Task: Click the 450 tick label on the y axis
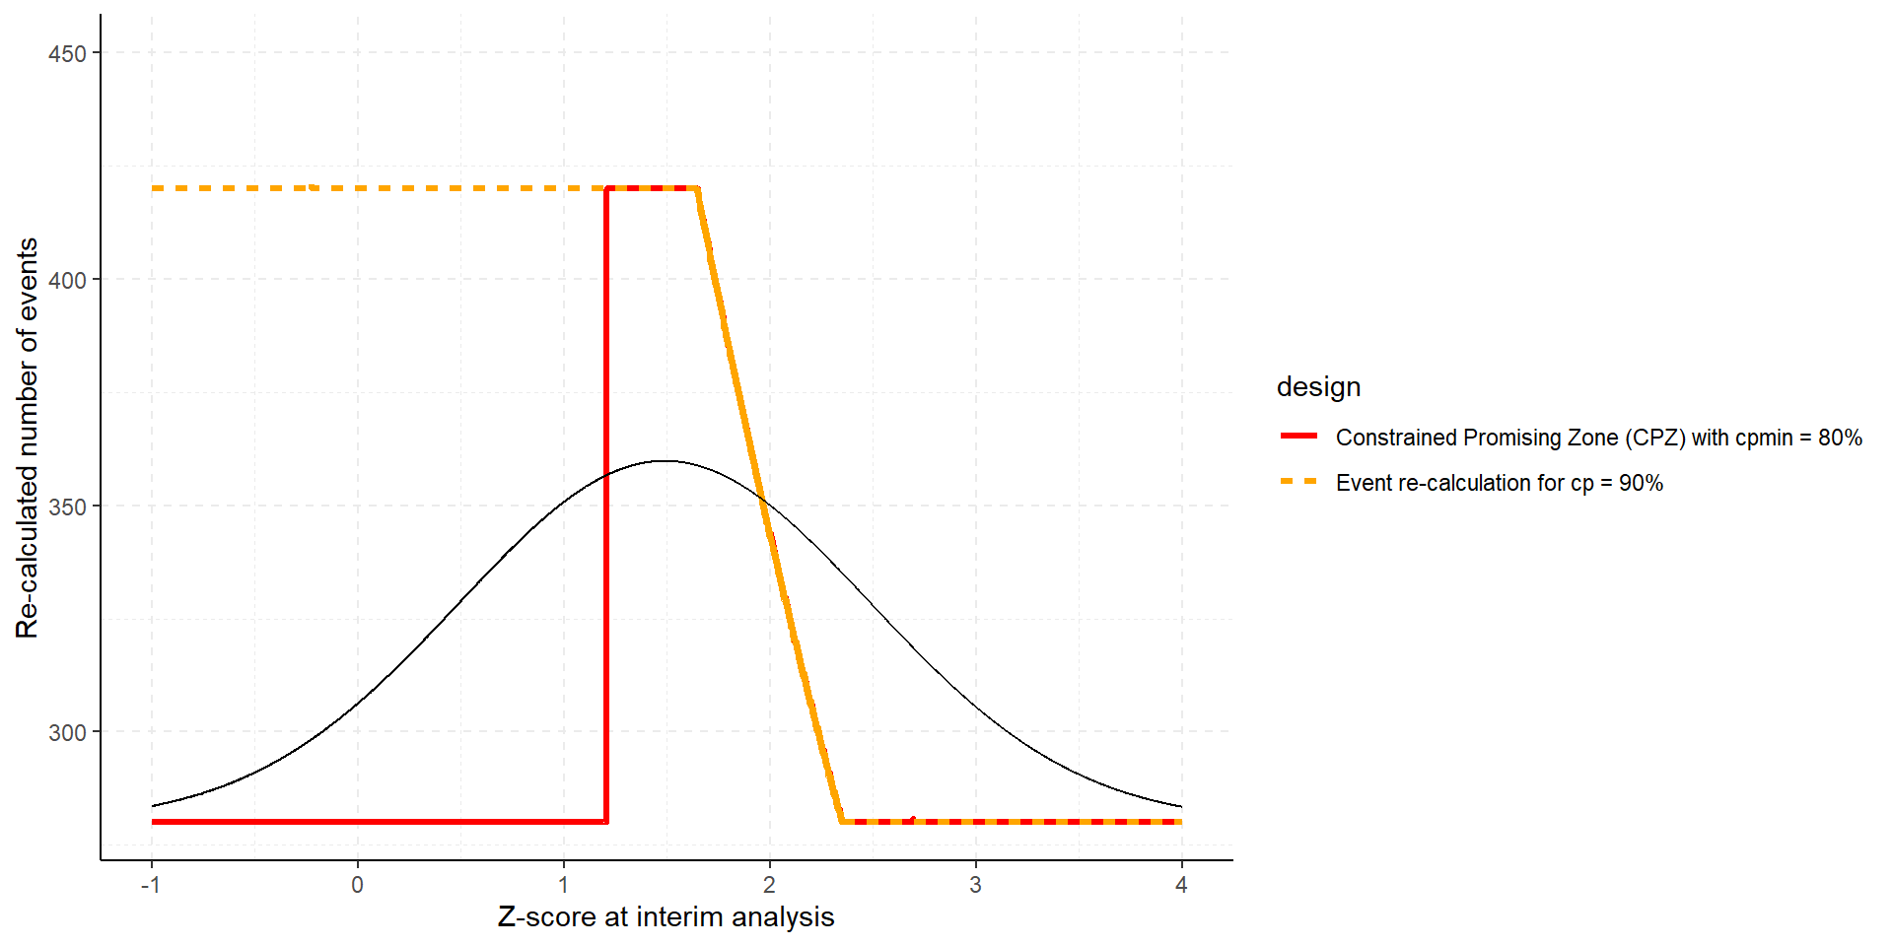[x=67, y=53]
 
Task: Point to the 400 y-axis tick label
[x=67, y=280]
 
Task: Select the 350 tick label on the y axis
[x=67, y=507]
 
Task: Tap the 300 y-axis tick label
[x=67, y=732]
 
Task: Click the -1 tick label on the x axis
[x=150, y=885]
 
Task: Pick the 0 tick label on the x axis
[x=357, y=885]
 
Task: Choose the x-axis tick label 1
[x=563, y=885]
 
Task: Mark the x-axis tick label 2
[x=769, y=885]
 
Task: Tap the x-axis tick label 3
[x=975, y=885]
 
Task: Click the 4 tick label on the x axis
[x=1181, y=885]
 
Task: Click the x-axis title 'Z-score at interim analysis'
[x=666, y=917]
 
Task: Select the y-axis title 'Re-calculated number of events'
[x=28, y=438]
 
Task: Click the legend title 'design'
[x=1318, y=387]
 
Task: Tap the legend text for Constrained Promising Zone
[x=1598, y=438]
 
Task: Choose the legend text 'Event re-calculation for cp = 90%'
[x=1499, y=483]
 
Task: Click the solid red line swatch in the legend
[x=1298, y=436]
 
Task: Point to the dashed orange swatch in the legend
[x=1298, y=481]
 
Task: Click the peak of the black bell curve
[x=666, y=460]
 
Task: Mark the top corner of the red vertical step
[x=606, y=188]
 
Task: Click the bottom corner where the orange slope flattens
[x=841, y=821]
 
